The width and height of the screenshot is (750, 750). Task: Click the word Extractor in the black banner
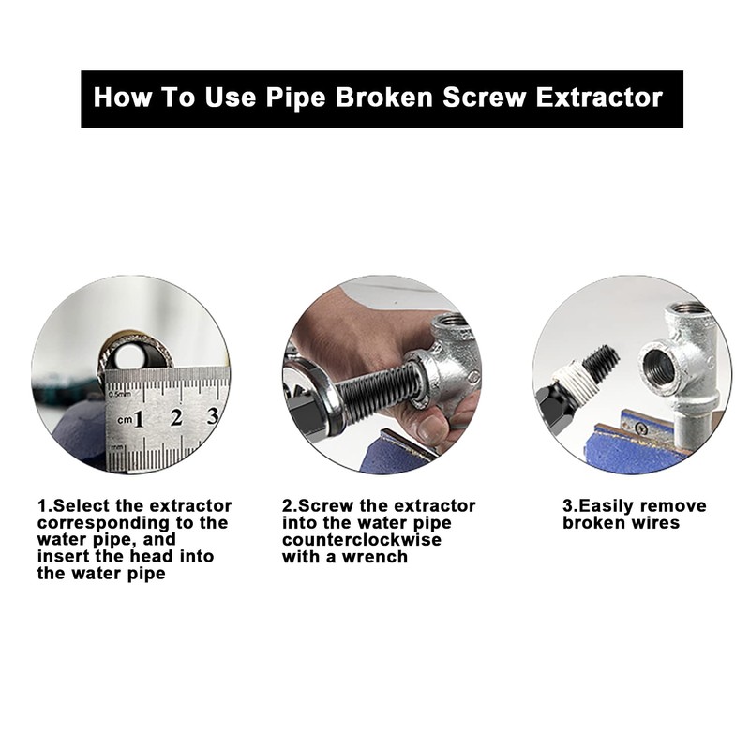click(599, 97)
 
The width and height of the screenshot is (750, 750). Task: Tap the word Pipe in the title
click(295, 98)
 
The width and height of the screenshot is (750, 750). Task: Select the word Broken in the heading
click(383, 97)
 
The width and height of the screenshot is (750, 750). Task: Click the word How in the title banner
click(123, 97)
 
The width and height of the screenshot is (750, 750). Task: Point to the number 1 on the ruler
click(139, 419)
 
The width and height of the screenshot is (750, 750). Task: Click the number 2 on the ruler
click(176, 417)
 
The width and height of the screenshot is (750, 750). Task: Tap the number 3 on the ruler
click(213, 415)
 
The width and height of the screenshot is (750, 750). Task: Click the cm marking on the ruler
click(125, 419)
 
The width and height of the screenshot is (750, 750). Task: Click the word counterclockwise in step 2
click(362, 540)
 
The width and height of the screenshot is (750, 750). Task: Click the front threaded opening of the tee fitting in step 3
click(659, 365)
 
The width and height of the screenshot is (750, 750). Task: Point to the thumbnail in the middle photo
click(431, 427)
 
